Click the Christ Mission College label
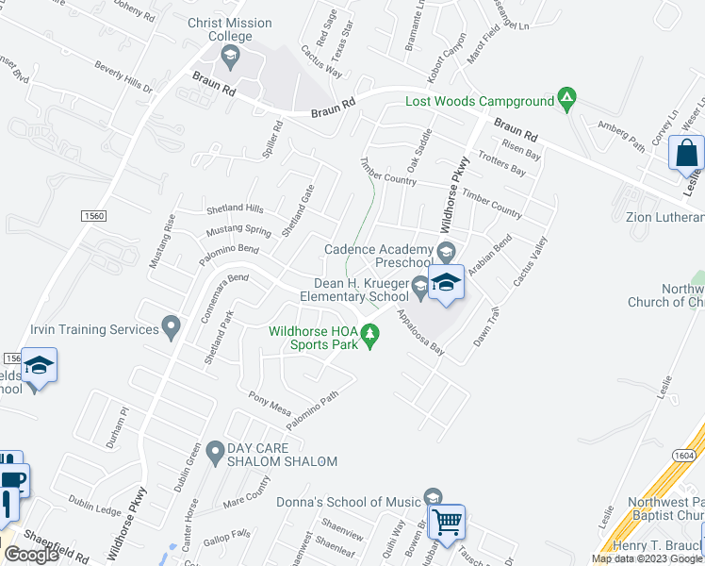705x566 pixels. coord(229,30)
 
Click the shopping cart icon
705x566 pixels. coord(449,520)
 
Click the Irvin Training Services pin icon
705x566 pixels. coord(171,327)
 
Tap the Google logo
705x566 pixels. coord(31,555)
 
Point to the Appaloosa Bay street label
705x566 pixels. coord(419,332)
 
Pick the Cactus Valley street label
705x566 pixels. coord(529,262)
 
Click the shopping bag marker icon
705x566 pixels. coord(686,153)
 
